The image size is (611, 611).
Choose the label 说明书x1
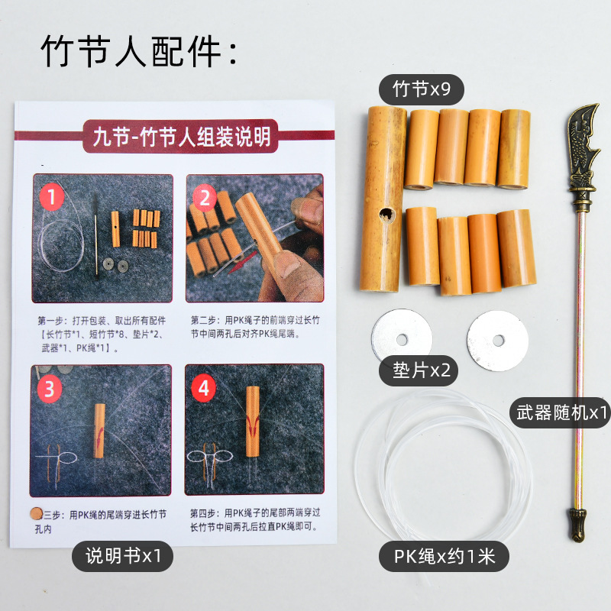pos(122,555)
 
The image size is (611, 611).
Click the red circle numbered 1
pos(51,199)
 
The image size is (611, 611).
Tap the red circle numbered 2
pos(204,199)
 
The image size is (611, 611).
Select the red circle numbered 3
pos(50,389)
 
